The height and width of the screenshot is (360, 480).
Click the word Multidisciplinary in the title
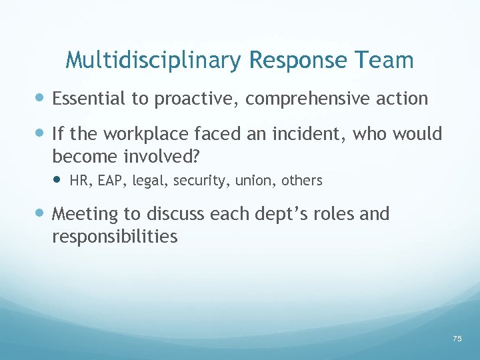click(154, 61)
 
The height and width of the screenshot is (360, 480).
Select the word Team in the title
click(385, 61)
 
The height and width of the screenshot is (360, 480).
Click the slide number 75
click(457, 339)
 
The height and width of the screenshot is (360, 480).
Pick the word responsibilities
click(115, 236)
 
